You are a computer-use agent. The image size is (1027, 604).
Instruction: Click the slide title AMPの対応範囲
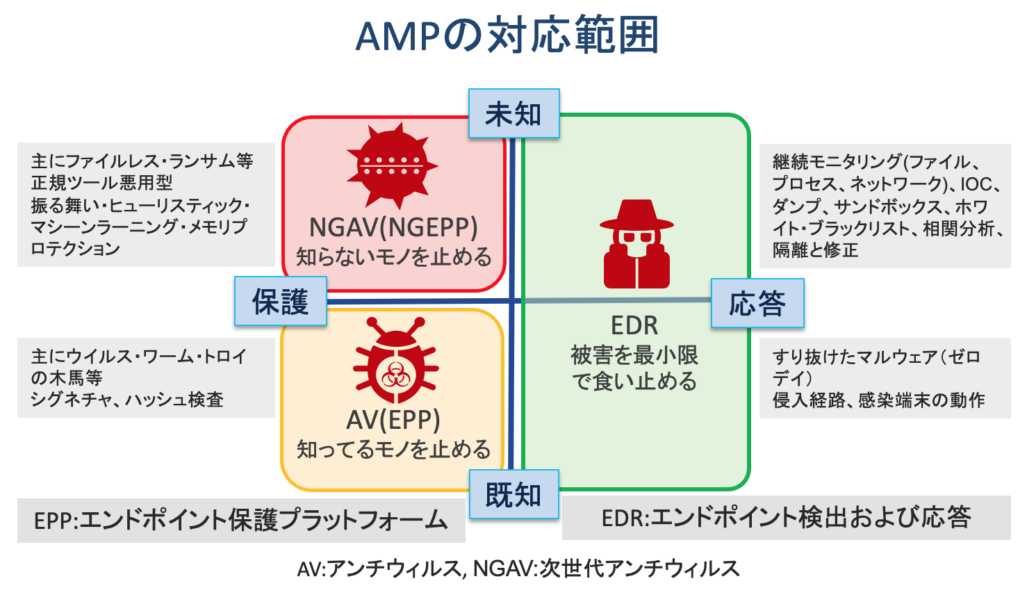coord(507,36)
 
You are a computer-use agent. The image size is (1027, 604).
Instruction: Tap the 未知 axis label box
coord(513,114)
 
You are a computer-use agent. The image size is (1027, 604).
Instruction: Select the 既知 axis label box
coord(513,495)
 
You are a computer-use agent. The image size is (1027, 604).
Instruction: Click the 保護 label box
coord(280,302)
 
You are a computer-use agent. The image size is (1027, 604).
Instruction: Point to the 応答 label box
coord(757,304)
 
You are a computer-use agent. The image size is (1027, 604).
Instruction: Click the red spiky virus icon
coord(393,165)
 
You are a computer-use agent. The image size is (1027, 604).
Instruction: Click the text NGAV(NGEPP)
coord(393,227)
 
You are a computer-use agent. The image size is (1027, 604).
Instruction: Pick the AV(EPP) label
coord(393,420)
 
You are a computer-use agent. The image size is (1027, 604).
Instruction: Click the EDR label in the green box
coord(634,325)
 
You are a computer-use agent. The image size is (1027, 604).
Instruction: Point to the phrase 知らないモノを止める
coord(393,257)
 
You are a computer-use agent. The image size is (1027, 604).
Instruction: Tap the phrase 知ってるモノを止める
coord(393,450)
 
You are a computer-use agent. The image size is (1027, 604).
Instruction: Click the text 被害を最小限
coord(634,355)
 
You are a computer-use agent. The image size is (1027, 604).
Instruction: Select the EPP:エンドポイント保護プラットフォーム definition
coord(240,520)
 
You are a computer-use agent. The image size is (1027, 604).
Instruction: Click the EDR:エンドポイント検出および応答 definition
coord(786,518)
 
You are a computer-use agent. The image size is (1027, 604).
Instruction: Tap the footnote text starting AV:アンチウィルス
coord(518,569)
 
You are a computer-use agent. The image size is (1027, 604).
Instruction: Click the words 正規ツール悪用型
coord(101,183)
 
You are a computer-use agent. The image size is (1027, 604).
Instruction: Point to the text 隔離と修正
coord(815,250)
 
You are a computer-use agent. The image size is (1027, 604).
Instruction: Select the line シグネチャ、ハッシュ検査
coord(127,400)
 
